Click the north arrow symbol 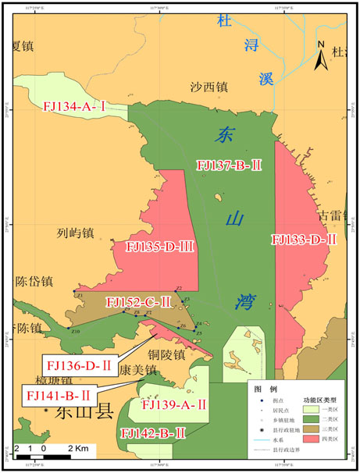321,59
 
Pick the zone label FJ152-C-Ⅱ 138,301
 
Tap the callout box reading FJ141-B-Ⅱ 62,397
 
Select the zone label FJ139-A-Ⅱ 173,404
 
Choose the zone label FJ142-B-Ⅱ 153,432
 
